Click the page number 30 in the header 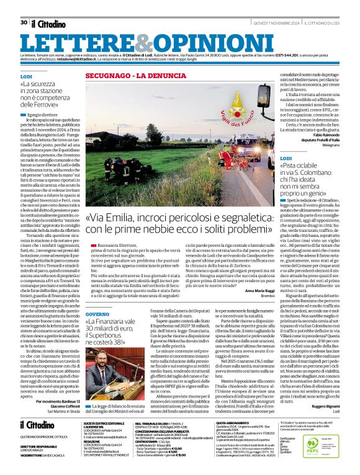pos(24,5)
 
